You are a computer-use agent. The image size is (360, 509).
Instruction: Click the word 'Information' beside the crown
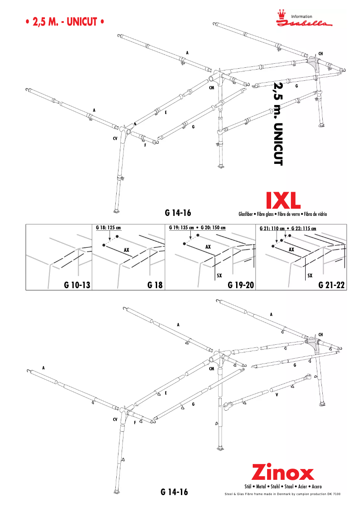[302, 17]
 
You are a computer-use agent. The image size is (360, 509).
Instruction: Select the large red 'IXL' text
[283, 201]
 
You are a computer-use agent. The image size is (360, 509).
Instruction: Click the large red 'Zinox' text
[282, 473]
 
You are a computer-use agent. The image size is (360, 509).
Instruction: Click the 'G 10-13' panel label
[77, 285]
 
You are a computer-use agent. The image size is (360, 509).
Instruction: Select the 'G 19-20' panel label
[241, 285]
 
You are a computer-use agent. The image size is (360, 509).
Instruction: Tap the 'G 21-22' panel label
[331, 285]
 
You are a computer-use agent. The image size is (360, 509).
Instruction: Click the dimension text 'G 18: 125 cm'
[109, 228]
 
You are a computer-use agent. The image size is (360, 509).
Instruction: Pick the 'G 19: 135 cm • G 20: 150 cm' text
[197, 228]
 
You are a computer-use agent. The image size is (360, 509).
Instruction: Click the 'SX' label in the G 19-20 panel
[220, 276]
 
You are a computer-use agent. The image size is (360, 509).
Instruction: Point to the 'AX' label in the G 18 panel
[127, 249]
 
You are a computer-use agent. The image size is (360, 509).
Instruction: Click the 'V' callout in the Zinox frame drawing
[277, 395]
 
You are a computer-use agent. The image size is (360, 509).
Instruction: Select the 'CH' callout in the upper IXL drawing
[320, 54]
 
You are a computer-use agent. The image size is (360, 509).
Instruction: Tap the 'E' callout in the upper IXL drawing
[166, 112]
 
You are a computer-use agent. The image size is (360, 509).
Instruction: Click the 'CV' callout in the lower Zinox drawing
[115, 419]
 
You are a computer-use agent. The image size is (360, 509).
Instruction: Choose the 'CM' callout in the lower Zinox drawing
[211, 369]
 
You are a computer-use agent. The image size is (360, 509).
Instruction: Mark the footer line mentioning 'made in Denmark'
[282, 494]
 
